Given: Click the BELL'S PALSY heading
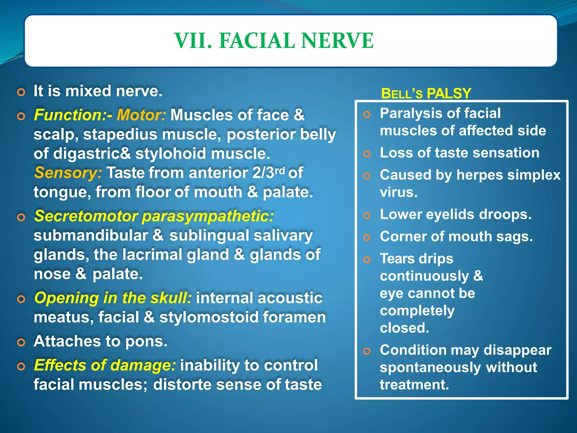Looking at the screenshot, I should (x=426, y=94).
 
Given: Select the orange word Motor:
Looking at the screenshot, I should (x=141, y=115).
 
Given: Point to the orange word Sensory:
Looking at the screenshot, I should (x=68, y=173).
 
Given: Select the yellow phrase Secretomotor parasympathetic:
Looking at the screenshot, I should (x=154, y=216).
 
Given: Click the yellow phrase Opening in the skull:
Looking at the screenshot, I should (x=113, y=298).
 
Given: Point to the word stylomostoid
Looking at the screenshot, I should (x=209, y=317).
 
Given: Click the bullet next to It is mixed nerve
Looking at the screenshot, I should (x=21, y=92).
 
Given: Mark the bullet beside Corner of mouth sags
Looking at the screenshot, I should (x=367, y=237).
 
